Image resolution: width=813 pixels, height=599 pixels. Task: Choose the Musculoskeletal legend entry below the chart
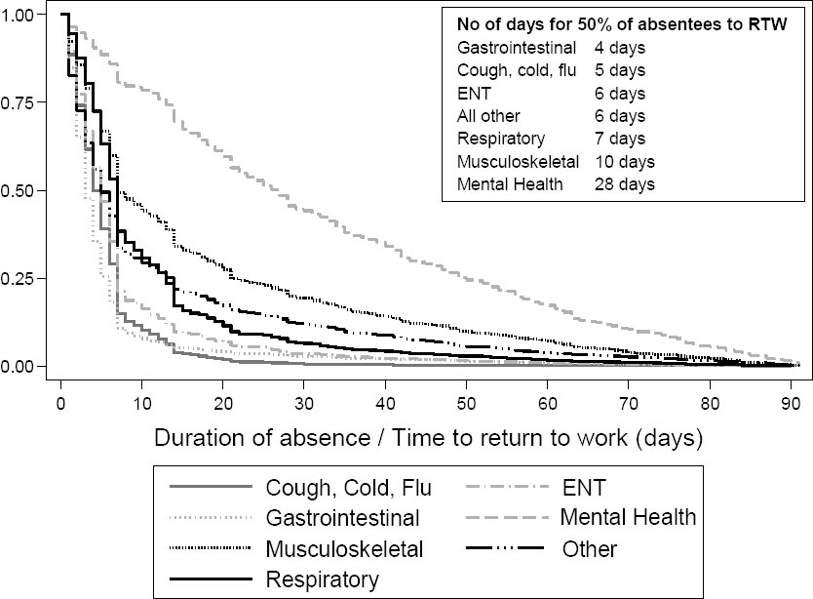[x=344, y=548]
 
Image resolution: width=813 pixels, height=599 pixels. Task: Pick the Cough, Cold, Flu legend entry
[x=348, y=485]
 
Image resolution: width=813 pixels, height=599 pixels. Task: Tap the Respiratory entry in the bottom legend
[x=323, y=579]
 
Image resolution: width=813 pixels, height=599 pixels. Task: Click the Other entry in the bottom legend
[x=590, y=548]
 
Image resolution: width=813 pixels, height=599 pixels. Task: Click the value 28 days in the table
[x=624, y=183]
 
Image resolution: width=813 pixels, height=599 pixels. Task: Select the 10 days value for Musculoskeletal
[x=624, y=161]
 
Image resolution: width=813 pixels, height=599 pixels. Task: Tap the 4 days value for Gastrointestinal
[x=619, y=46]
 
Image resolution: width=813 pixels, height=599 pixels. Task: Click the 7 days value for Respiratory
[x=619, y=138]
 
